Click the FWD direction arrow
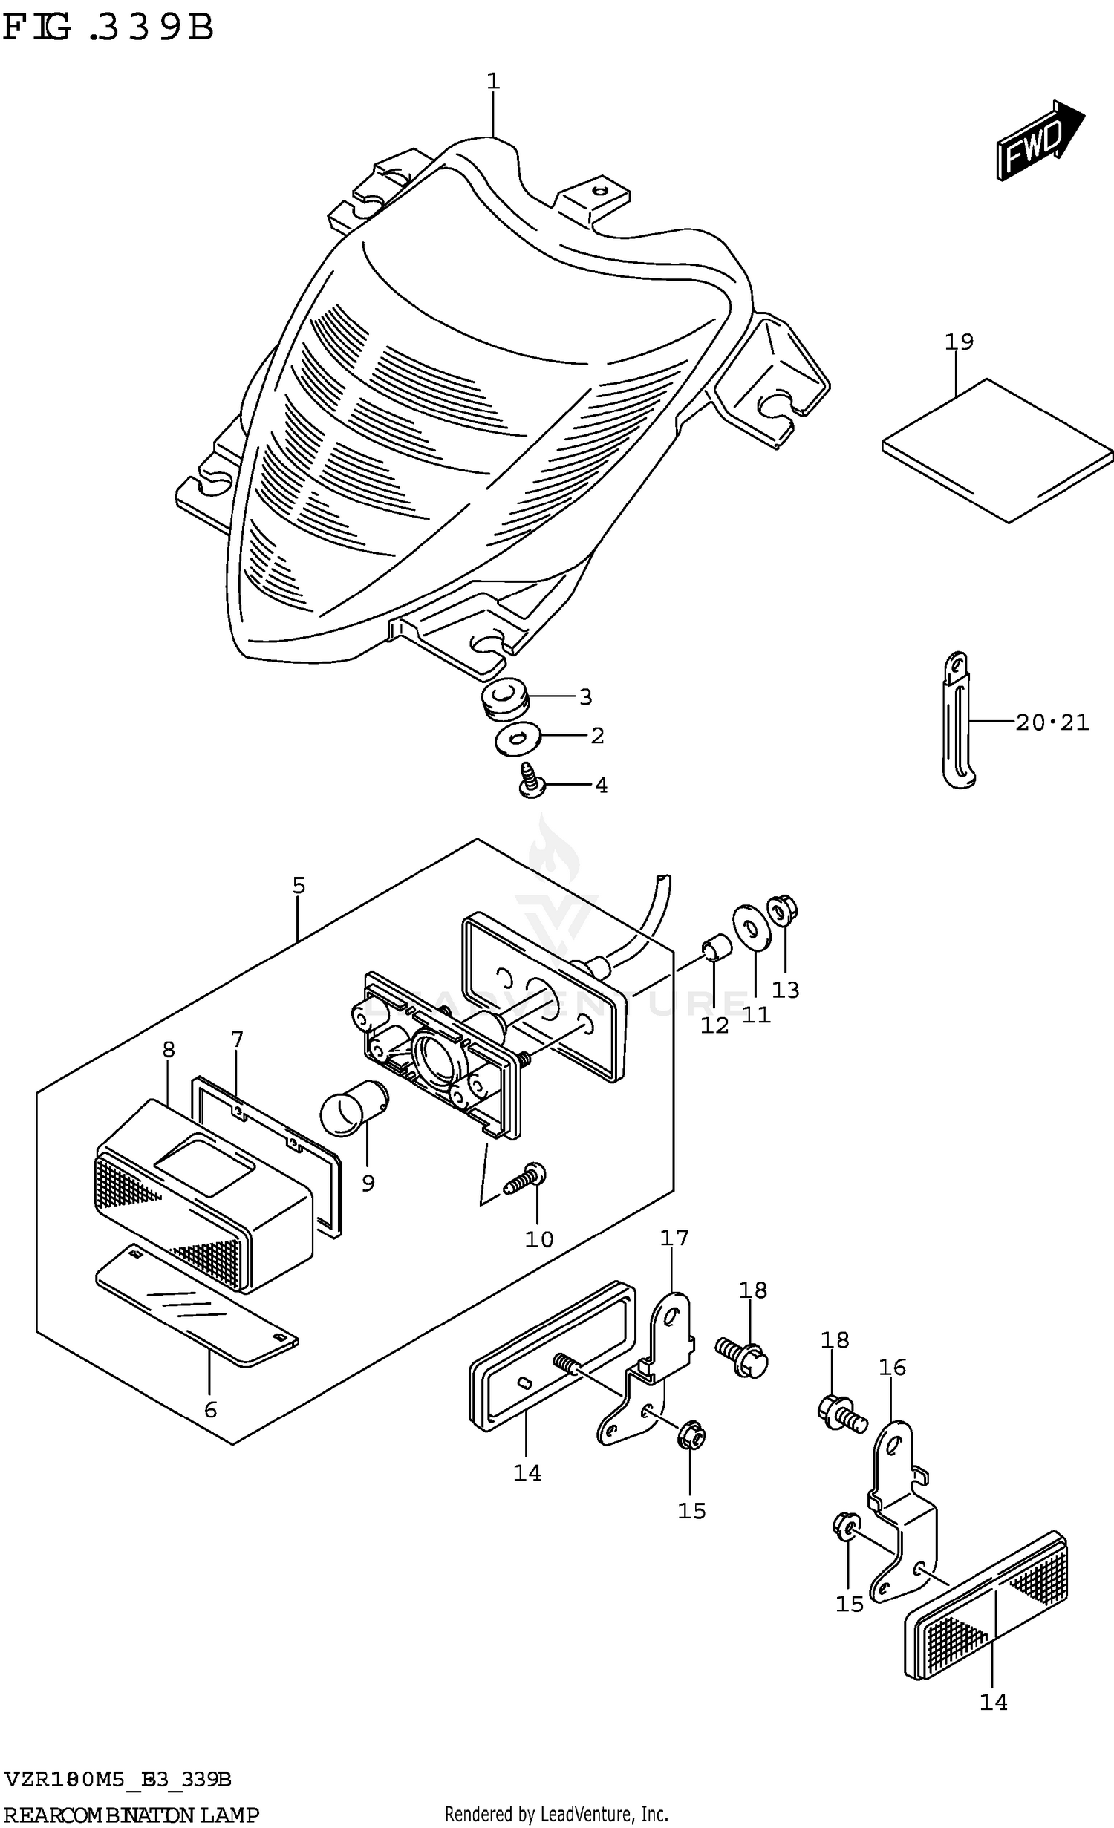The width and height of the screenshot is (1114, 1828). [x=1040, y=140]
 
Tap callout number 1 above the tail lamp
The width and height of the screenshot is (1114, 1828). [x=493, y=80]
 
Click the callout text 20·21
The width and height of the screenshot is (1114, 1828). [x=1052, y=722]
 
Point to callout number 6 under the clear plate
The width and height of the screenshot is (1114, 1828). [x=210, y=1409]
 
